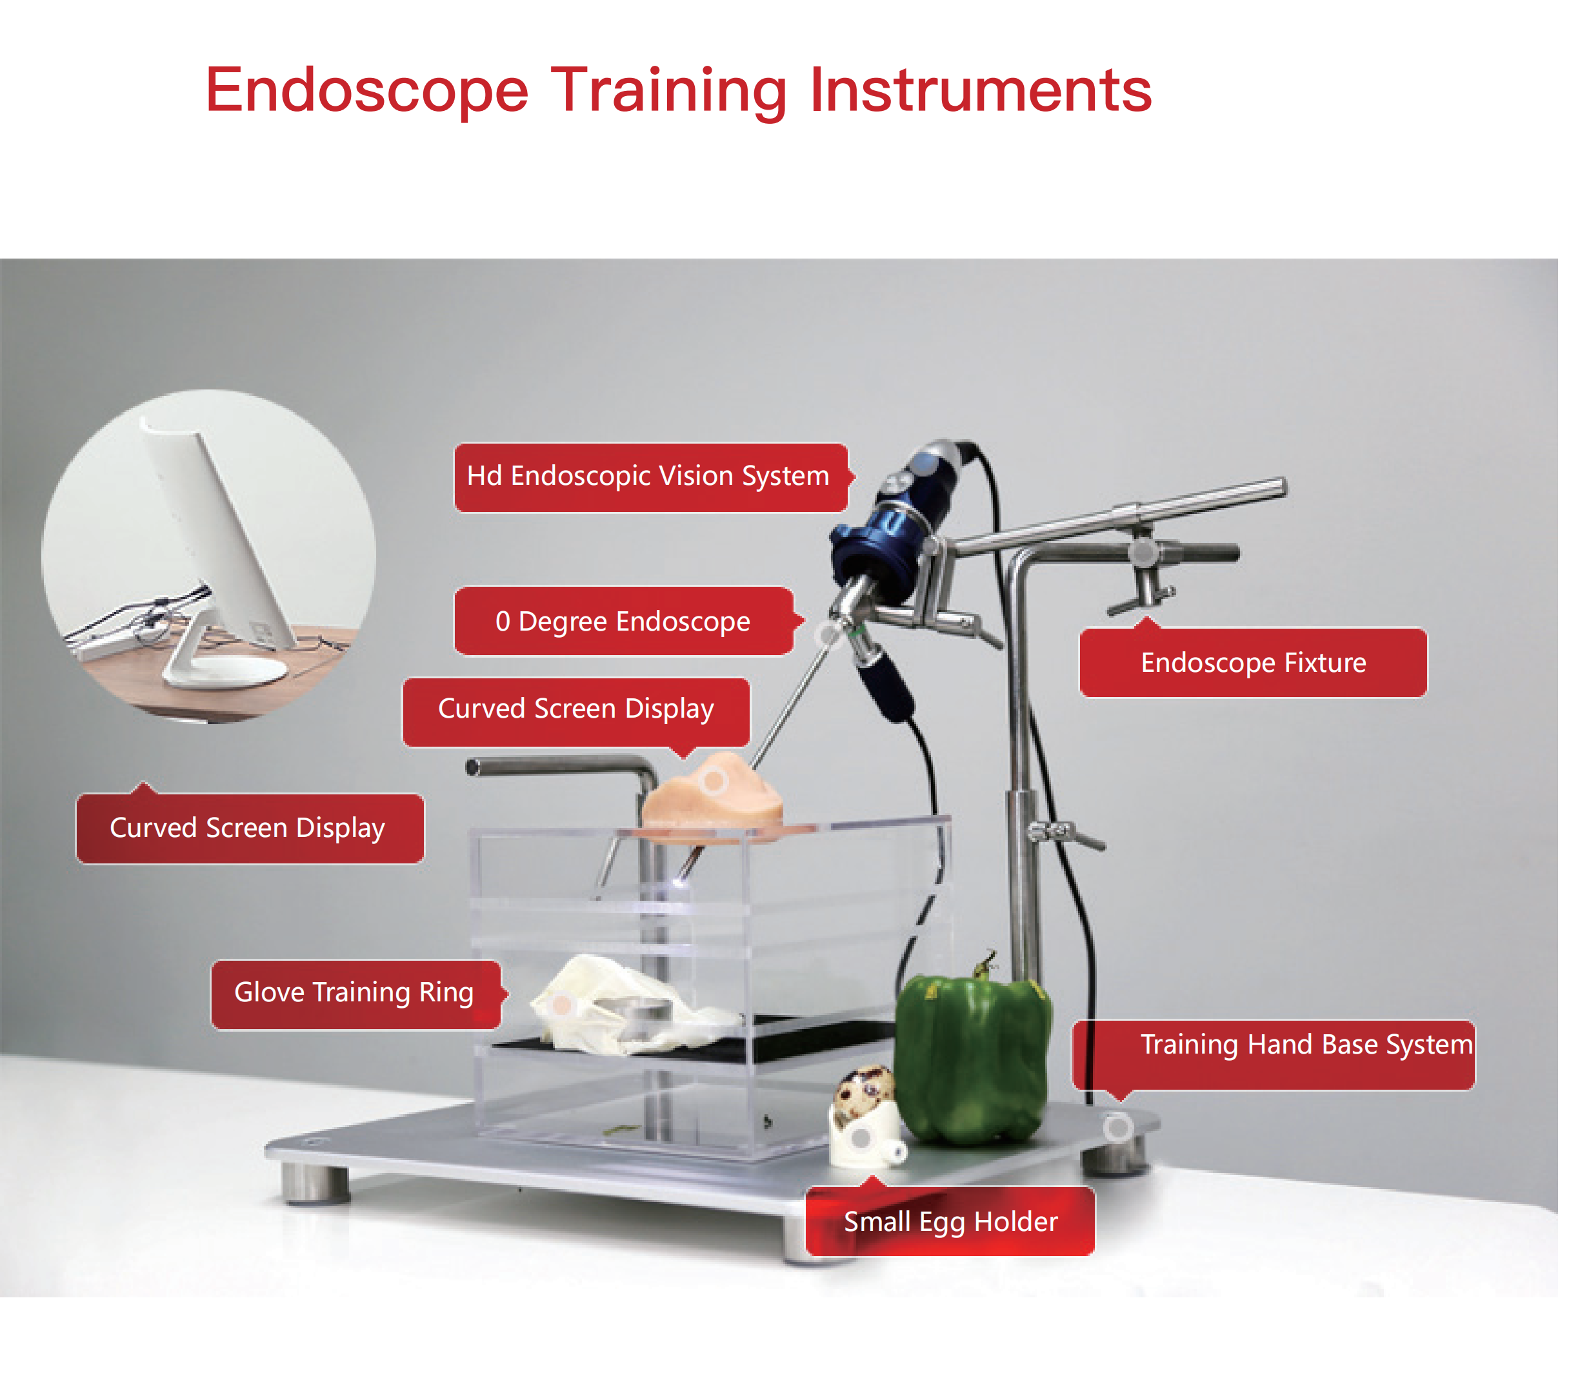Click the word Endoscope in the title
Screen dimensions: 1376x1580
[367, 91]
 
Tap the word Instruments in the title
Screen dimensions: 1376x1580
[980, 91]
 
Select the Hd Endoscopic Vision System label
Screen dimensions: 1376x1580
[649, 477]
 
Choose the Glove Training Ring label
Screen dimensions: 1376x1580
[354, 993]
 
